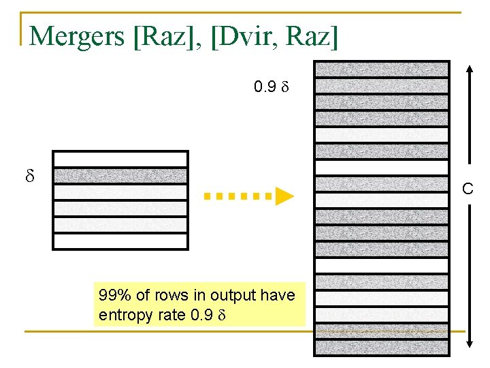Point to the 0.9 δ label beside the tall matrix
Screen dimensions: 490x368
tap(272, 87)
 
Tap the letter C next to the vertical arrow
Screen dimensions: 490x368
tap(468, 189)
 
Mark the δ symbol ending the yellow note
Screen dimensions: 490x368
tap(220, 316)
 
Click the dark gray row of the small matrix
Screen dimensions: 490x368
tap(120, 176)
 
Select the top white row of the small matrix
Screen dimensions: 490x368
tap(120, 159)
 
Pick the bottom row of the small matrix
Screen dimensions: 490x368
tap(120, 241)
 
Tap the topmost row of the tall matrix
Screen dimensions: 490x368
tap(381, 69)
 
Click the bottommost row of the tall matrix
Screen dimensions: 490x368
tap(381, 348)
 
